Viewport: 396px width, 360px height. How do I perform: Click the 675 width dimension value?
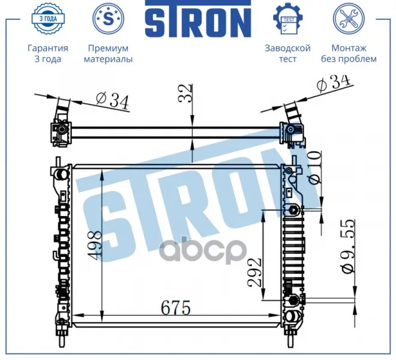point(176,307)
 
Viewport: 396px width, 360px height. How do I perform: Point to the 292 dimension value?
point(254,272)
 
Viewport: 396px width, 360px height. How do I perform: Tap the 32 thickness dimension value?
point(185,93)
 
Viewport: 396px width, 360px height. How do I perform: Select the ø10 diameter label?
point(314,167)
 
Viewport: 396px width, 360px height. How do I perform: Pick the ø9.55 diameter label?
point(348,246)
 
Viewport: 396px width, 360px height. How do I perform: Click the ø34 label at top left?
point(112,101)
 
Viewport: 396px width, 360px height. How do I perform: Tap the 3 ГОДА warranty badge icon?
point(48,19)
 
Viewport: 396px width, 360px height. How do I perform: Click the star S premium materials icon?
point(108,19)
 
